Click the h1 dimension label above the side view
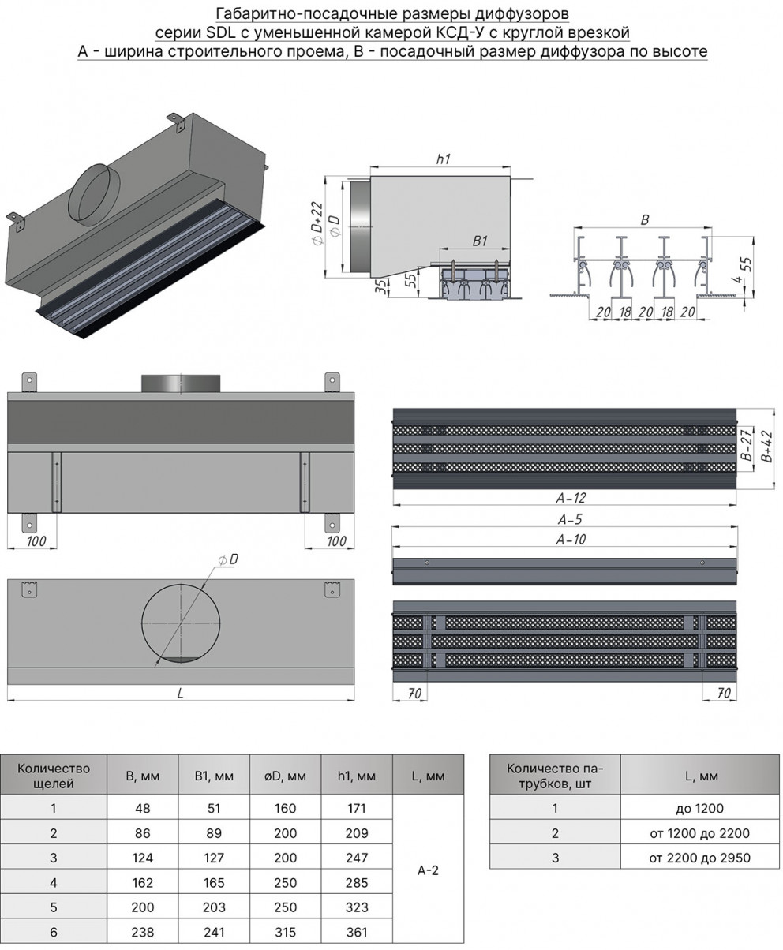coord(443,159)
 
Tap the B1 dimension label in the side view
coord(480,241)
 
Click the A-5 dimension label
coord(570,520)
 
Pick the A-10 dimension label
coord(570,540)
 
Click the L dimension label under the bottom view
coord(181,694)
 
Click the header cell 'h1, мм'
coord(357,776)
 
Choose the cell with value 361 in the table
coord(357,932)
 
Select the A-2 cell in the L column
coord(428,870)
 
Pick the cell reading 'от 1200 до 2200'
coord(699,832)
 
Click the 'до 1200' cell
coord(699,808)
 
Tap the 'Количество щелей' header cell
coord(54,776)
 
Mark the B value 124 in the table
coord(143,858)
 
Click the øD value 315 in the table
coord(286,932)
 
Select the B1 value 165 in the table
coord(214,882)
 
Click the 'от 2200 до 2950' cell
coord(699,858)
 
